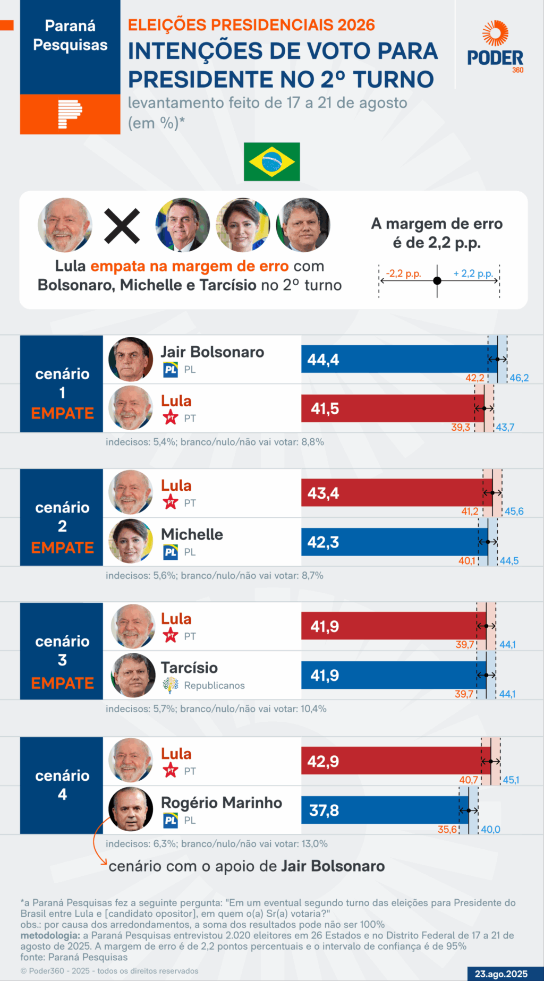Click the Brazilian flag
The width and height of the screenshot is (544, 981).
tap(271, 161)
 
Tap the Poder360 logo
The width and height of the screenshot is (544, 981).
tap(495, 47)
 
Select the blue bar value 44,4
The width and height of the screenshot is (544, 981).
tap(323, 360)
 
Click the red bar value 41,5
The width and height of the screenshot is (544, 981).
tap(325, 408)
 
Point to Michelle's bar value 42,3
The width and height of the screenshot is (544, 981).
tap(323, 542)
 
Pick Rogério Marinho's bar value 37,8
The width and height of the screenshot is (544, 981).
tap(324, 811)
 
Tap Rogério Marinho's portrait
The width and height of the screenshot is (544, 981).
tap(131, 809)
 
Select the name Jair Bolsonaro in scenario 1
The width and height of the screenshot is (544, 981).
tap(212, 352)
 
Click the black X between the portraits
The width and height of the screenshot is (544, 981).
tap(122, 226)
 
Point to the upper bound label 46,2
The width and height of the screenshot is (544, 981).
tap(519, 378)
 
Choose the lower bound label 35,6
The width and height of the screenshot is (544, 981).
tap(447, 830)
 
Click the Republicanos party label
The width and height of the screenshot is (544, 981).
tap(214, 686)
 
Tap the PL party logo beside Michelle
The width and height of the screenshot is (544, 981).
tap(171, 552)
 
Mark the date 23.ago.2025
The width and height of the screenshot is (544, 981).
tap(501, 974)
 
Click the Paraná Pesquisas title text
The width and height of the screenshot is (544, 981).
tap(70, 35)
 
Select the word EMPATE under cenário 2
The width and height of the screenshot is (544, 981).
tap(62, 548)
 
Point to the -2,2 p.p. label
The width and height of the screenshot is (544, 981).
tap(403, 274)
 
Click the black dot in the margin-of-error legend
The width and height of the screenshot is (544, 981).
tap(437, 280)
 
